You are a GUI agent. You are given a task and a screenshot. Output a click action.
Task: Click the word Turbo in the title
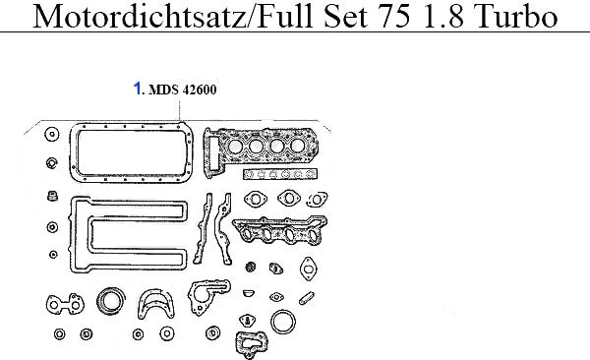pyautogui.click(x=515, y=17)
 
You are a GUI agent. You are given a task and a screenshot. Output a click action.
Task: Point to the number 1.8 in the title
pyautogui.click(x=444, y=17)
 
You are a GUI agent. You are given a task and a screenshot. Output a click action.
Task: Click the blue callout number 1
pyautogui.click(x=138, y=89)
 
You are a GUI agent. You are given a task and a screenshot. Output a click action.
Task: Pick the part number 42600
pyautogui.click(x=200, y=90)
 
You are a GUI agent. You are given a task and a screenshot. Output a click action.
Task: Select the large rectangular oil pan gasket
pyautogui.click(x=131, y=125)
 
